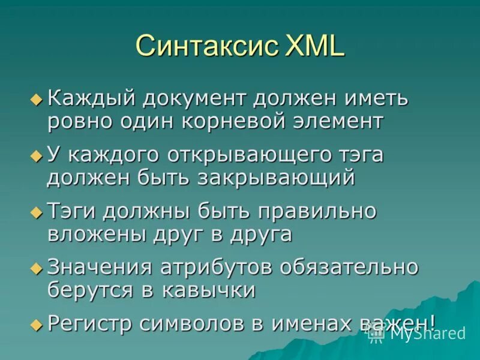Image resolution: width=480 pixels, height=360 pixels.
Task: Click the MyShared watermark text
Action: click(x=427, y=334)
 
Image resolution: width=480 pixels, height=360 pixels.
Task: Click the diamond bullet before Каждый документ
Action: click(x=36, y=98)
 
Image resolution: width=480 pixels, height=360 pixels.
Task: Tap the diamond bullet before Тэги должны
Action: click(x=36, y=212)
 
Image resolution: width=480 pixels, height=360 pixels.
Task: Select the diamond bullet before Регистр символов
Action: click(x=36, y=325)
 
